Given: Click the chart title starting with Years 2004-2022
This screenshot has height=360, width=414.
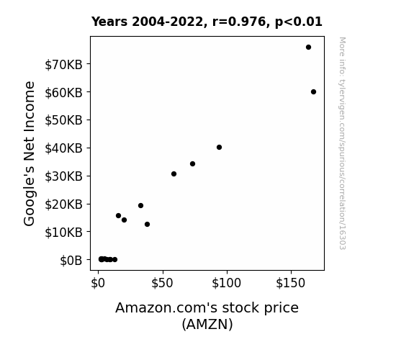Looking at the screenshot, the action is point(207,22).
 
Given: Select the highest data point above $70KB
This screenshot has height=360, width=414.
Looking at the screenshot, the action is point(308,48).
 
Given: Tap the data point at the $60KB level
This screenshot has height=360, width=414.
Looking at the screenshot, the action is point(313,92).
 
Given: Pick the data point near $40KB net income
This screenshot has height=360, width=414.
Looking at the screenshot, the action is point(219,147).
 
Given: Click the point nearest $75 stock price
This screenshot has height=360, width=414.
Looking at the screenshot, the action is point(192,163).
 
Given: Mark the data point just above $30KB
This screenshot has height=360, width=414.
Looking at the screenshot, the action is point(174,174).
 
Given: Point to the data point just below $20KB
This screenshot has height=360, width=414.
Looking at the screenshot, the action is point(140,205).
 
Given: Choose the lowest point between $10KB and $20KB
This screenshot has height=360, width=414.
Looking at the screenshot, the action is point(147,224).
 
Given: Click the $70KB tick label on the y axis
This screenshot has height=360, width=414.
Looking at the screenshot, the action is point(63,65).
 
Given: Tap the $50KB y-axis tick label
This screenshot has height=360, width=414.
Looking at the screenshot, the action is point(63,120).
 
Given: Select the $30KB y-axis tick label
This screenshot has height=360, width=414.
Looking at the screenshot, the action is point(63,176).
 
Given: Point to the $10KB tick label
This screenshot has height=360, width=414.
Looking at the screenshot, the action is point(63,233).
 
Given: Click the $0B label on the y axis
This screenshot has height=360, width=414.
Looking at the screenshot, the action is point(71,261).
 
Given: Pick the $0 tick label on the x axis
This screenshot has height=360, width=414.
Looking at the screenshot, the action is point(98,283).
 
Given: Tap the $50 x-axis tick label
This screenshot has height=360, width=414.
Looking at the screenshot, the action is point(162,283).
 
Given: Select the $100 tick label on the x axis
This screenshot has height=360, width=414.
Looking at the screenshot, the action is point(226,283).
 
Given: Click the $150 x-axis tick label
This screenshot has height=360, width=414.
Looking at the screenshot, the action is point(290,283).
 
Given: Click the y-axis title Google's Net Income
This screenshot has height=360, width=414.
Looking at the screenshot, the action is point(29,153).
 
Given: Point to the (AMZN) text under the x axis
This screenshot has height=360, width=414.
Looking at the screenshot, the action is point(207,324).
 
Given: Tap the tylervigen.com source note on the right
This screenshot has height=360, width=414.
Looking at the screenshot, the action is point(343,143).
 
